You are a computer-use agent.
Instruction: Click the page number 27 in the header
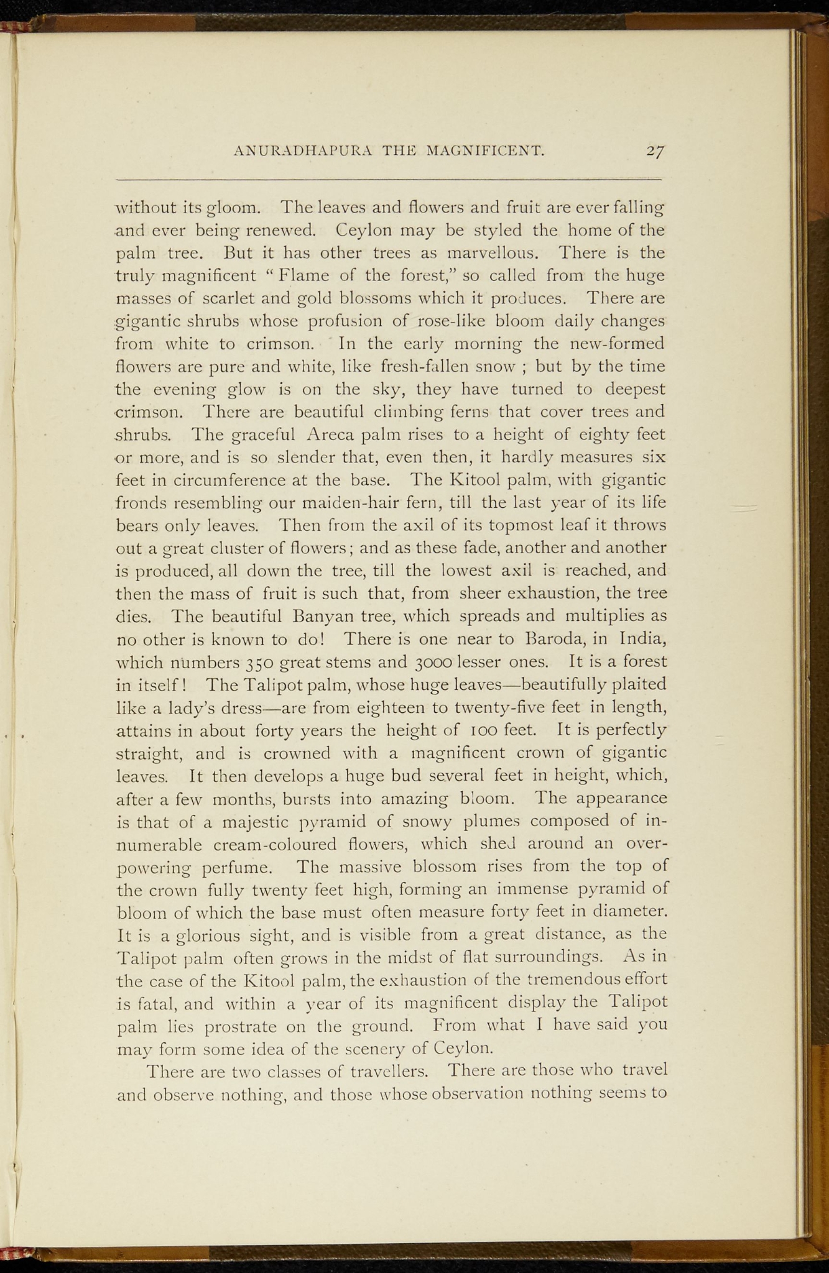point(655,150)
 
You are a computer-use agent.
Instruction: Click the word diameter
point(628,912)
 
